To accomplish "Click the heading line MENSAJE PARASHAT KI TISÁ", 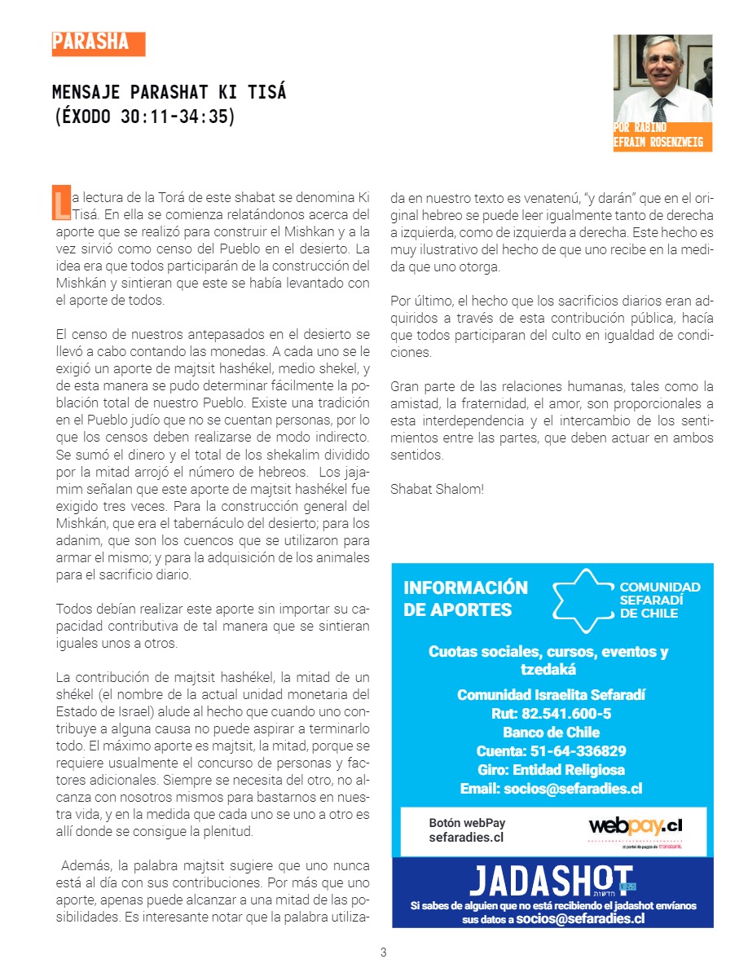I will pos(169,91).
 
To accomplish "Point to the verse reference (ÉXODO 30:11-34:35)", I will pos(143,116).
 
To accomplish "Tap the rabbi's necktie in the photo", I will pos(662,108).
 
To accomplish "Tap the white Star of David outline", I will pos(583,601).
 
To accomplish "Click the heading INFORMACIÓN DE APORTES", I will pos(465,599).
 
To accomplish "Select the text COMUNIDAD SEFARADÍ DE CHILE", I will pos(660,601).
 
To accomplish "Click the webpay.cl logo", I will pos(635,827).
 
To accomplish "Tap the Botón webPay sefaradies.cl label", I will pos(467,830).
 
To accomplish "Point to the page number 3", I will pos(383,953).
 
